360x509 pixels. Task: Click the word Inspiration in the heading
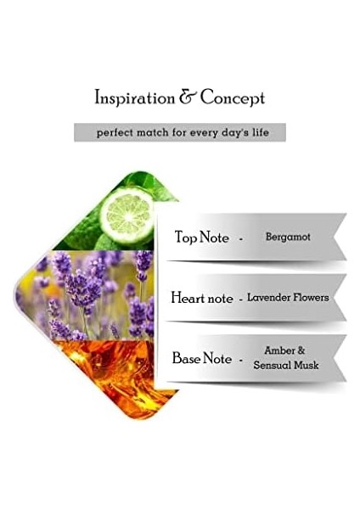pyautogui.click(x=134, y=98)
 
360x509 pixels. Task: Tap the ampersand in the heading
pyautogui.click(x=188, y=97)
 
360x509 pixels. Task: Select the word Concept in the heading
pyautogui.click(x=233, y=98)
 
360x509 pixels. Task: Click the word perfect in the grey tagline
pyautogui.click(x=115, y=133)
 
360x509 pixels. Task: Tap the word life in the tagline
pyautogui.click(x=261, y=132)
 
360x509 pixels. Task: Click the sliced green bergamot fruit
pyautogui.click(x=127, y=215)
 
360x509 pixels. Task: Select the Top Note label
pyautogui.click(x=202, y=237)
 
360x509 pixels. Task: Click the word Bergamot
pyautogui.click(x=288, y=237)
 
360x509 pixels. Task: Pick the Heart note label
pyautogui.click(x=202, y=298)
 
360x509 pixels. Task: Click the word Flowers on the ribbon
pyautogui.click(x=310, y=298)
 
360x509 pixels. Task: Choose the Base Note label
pyautogui.click(x=202, y=358)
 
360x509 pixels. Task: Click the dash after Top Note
pyautogui.click(x=241, y=239)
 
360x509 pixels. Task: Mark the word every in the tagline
pyautogui.click(x=204, y=133)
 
